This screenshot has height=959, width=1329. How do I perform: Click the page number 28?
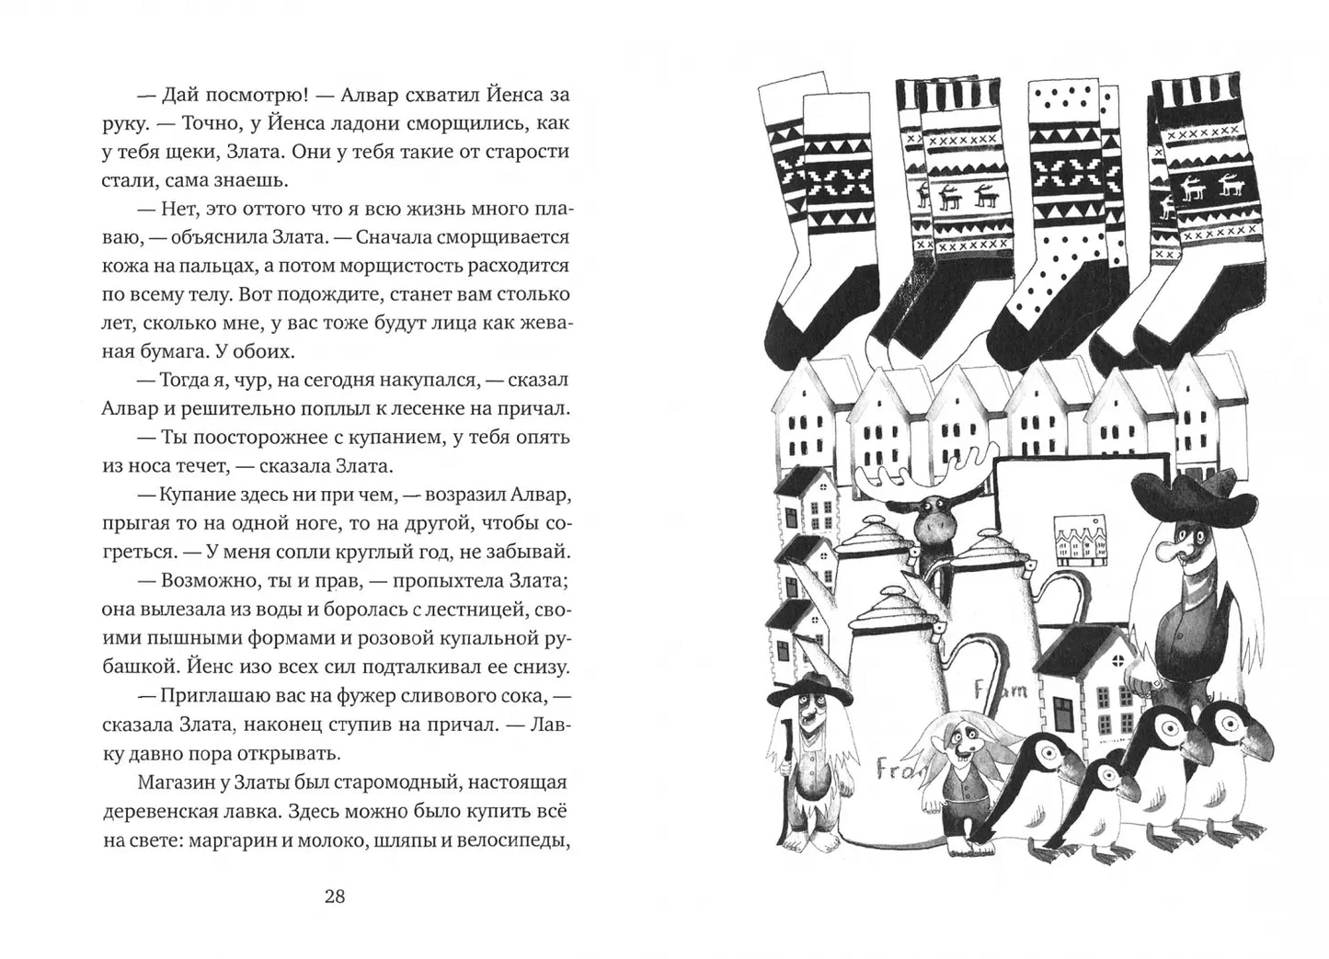click(335, 896)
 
